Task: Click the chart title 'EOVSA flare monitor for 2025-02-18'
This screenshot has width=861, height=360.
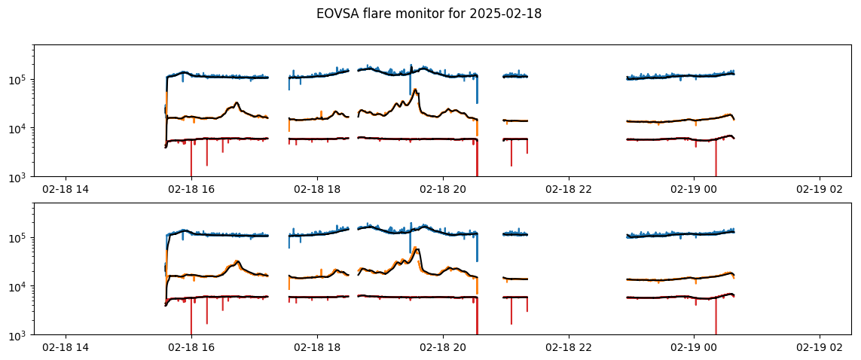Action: click(x=429, y=14)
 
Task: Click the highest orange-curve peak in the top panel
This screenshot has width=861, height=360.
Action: click(x=415, y=89)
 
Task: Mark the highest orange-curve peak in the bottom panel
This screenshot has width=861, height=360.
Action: click(x=415, y=248)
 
